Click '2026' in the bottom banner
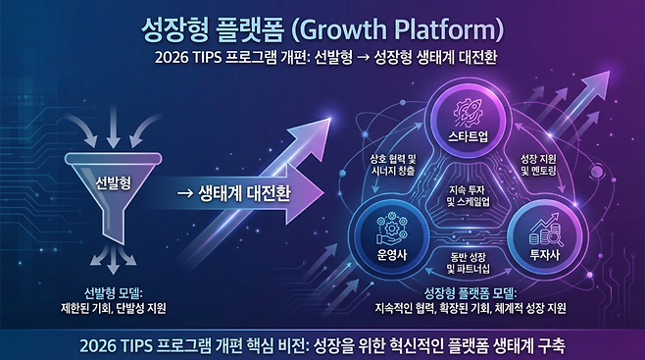[101, 344]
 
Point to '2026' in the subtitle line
[172, 58]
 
